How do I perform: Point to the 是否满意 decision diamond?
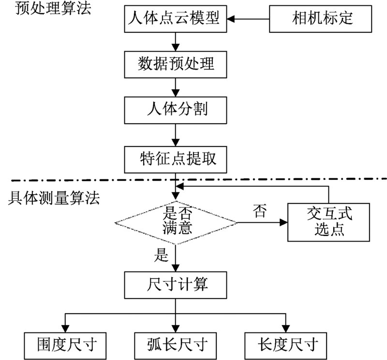click(176, 222)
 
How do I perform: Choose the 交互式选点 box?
click(329, 222)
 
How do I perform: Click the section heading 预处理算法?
click(46, 9)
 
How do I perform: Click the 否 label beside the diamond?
click(259, 212)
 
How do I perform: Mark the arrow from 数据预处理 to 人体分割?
click(176, 87)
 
